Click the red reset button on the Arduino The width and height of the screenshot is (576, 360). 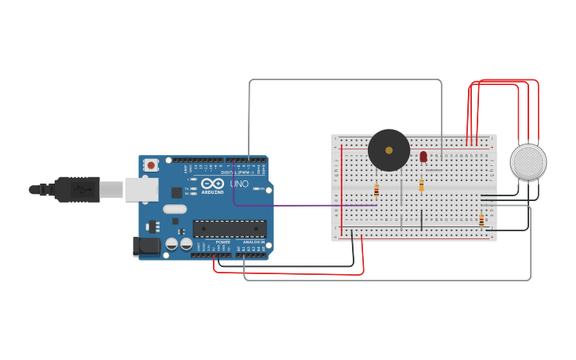(x=151, y=165)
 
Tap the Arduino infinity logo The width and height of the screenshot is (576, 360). (x=212, y=184)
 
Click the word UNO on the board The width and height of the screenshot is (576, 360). (x=239, y=184)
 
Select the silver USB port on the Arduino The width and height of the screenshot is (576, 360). (x=141, y=189)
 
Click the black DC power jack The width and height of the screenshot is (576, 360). (x=146, y=246)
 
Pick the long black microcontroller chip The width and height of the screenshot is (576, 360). (x=230, y=229)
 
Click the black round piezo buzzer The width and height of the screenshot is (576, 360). (x=389, y=150)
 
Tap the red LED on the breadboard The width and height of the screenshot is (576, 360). (x=423, y=157)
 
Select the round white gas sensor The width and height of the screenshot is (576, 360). (x=528, y=161)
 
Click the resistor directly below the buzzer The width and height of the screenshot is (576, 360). (x=377, y=190)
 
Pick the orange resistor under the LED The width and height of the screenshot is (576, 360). (x=421, y=185)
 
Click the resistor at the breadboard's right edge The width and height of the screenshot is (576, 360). (x=481, y=220)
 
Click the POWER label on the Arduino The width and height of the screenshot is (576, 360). (x=222, y=242)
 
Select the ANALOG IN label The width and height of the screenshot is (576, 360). (x=253, y=242)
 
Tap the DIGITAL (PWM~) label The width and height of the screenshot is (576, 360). (x=239, y=172)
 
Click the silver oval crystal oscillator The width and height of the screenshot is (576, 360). (x=175, y=209)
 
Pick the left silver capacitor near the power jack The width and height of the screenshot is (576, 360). (x=172, y=244)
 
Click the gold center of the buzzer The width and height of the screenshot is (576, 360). (x=389, y=149)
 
